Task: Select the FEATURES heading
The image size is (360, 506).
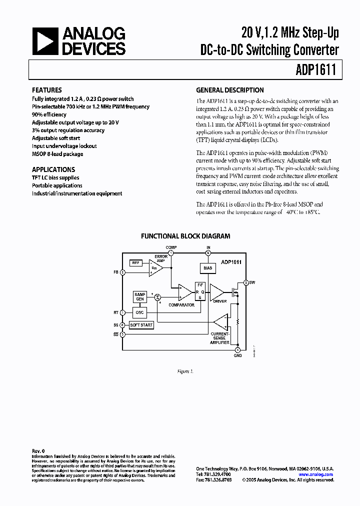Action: [47, 90]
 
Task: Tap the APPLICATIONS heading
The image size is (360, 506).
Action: [53, 169]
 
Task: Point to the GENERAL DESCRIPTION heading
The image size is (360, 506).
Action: [230, 90]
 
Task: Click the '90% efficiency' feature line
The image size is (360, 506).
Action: [49, 114]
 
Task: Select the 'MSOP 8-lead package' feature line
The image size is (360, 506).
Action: [57, 153]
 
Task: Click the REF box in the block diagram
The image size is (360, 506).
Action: [136, 262]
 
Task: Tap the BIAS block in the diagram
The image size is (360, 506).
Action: [208, 268]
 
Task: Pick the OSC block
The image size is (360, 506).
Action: [139, 312]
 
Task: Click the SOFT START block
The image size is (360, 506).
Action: [141, 325]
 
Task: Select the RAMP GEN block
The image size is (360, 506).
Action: [139, 296]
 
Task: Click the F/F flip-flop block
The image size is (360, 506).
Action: [200, 291]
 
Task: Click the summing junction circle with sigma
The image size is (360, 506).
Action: [157, 297]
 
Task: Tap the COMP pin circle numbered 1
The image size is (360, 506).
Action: [171, 252]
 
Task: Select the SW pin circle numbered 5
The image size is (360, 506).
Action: [245, 282]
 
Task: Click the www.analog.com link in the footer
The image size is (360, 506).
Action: [315, 474]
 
